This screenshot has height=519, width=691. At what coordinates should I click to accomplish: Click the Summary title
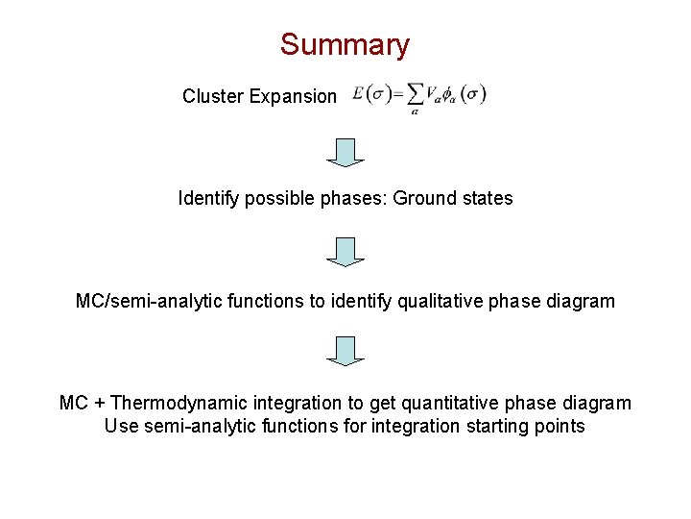[x=345, y=44]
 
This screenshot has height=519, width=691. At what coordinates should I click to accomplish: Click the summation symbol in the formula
[x=415, y=94]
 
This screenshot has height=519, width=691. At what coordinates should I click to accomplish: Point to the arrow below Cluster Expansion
[x=345, y=153]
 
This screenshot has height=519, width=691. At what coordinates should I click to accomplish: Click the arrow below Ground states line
[x=345, y=252]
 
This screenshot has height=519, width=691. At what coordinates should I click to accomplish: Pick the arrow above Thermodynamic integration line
[x=345, y=351]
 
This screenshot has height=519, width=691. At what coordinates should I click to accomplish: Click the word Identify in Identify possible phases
[x=205, y=199]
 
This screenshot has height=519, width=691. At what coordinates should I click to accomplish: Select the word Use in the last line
[x=122, y=426]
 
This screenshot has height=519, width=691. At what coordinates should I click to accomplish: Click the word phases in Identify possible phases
[x=348, y=199]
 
